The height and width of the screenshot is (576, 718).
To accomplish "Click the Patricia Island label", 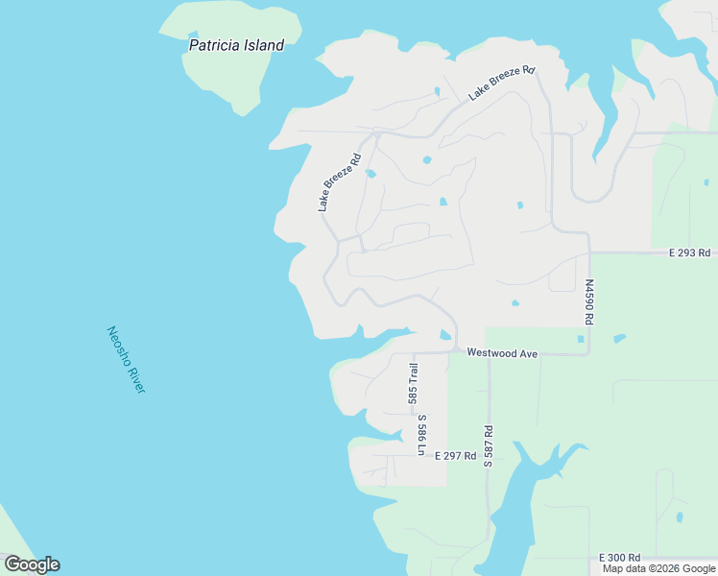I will [236, 45].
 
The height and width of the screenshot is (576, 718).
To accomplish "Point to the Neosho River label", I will [126, 359].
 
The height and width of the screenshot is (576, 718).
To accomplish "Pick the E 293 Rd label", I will [690, 253].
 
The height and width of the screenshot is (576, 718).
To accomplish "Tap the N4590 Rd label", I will [589, 300].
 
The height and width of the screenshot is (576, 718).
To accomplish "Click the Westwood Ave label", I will [502, 353].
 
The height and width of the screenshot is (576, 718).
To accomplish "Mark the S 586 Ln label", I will [420, 434].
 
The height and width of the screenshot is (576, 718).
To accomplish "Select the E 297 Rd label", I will [455, 456].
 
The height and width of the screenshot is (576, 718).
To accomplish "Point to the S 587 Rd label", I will [488, 446].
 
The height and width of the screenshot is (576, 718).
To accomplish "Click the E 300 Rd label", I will [619, 558].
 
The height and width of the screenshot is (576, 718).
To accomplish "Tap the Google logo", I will [32, 564].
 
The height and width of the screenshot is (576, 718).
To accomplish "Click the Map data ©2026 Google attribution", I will [658, 568].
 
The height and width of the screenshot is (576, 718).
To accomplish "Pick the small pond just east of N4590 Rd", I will [619, 338].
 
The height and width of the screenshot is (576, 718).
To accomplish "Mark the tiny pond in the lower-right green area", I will [680, 516].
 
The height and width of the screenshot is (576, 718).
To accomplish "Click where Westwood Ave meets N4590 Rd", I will [588, 353].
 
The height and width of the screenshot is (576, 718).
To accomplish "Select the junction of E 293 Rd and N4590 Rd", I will [588, 252].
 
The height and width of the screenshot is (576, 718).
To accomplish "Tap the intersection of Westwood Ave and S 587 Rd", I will [488, 353].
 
